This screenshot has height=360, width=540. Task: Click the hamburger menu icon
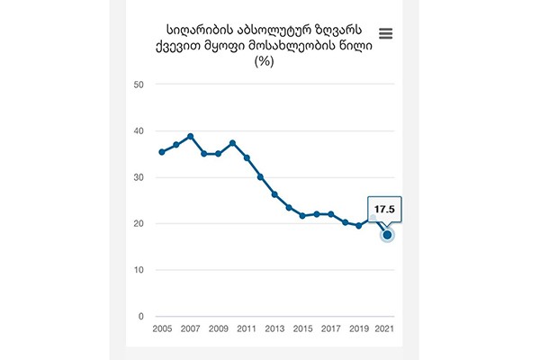point(386,34)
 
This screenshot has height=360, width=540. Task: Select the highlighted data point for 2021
point(388,235)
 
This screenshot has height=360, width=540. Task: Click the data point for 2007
point(190,136)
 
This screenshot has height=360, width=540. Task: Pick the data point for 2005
point(162,152)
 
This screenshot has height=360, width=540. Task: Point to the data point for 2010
point(232,143)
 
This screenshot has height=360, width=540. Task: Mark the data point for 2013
point(274,194)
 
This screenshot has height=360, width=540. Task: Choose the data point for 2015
point(303,216)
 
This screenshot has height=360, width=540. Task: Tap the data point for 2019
point(359,225)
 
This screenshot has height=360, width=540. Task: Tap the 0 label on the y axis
point(140,317)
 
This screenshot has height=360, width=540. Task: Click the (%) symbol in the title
point(265,61)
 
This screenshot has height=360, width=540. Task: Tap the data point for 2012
point(261,177)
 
